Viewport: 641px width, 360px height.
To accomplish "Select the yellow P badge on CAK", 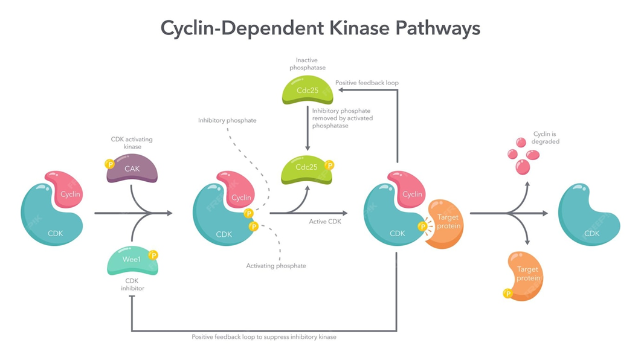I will [x=109, y=164].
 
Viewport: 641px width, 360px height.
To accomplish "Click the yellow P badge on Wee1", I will [x=153, y=255].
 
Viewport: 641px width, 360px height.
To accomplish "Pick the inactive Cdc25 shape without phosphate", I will [x=307, y=91].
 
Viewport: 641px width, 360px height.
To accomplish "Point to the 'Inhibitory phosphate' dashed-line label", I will [x=227, y=120].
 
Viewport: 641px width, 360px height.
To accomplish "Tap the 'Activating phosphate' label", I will [x=276, y=266].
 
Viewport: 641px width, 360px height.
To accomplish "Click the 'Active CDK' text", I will [x=325, y=222].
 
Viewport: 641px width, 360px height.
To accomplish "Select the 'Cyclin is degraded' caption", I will [x=546, y=138].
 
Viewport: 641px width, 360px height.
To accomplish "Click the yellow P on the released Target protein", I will [x=507, y=294].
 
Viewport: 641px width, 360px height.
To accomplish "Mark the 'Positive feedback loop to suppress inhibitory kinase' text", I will [x=264, y=336].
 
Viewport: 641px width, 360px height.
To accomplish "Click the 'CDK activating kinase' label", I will [x=132, y=143].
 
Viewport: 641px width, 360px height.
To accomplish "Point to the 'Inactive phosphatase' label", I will [x=307, y=64].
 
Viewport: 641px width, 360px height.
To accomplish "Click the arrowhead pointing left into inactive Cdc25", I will [x=340, y=90].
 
